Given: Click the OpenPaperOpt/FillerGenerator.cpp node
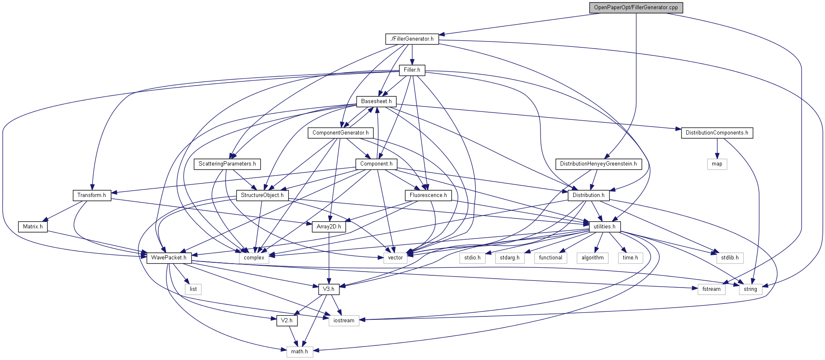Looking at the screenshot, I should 636,8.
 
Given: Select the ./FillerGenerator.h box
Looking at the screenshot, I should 412,39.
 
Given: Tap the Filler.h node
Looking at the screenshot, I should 412,70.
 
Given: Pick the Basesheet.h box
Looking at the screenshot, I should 376,101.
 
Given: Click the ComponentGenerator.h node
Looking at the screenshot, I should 340,133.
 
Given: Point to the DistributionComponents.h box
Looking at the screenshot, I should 716,133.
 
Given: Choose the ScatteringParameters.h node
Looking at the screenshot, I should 227,164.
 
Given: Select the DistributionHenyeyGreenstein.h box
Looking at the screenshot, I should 598,164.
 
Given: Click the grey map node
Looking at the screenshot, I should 717,164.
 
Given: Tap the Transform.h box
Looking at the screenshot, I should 92,195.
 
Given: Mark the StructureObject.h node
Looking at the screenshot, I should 262,195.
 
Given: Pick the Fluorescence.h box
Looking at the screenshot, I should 428,195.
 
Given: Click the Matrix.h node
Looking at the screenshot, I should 33,227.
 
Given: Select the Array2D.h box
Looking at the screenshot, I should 329,227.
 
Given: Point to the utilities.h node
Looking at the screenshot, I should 604,227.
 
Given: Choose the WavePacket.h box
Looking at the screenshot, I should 169,258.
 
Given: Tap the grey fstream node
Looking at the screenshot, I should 711,289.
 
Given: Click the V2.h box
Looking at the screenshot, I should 287,321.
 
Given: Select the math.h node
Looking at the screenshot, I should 300,352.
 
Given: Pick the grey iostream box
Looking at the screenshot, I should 344,321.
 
